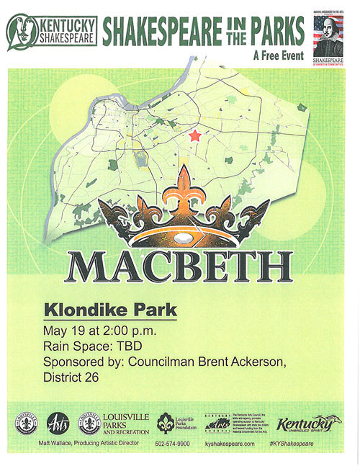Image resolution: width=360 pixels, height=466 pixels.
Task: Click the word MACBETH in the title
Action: click(179, 267)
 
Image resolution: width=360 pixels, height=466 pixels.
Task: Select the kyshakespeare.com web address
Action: click(230, 444)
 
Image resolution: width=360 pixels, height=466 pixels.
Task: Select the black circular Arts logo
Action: click(57, 422)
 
